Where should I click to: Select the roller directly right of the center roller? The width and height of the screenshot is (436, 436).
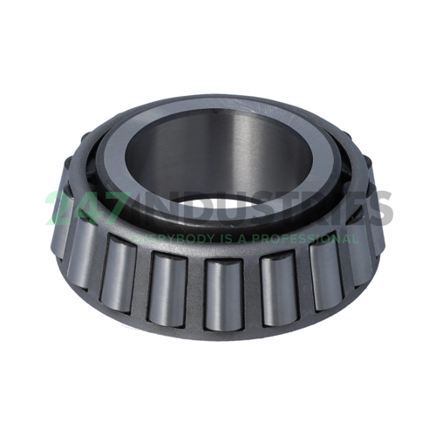pos(277,286)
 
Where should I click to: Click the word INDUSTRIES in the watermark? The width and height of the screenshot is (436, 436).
pos(262,209)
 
